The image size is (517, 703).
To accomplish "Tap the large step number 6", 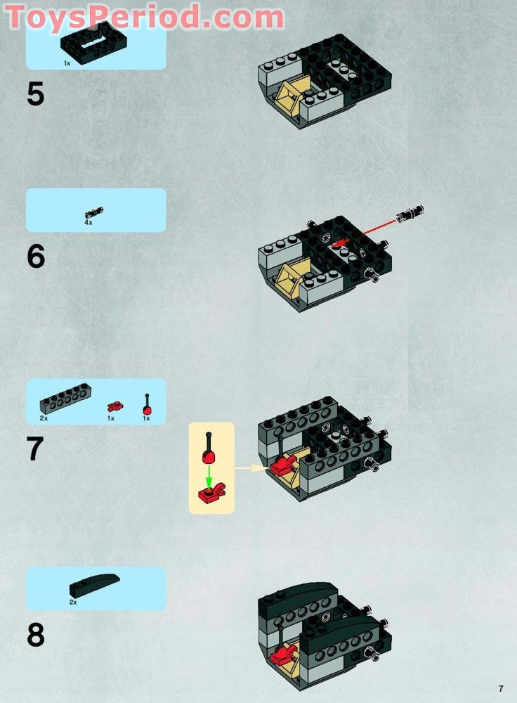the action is [36, 256].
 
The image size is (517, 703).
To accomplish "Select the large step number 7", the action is [35, 449].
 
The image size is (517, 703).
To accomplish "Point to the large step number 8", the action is [36, 635].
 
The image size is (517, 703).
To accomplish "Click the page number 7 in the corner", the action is [501, 689].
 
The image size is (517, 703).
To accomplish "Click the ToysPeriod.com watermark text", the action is [144, 17].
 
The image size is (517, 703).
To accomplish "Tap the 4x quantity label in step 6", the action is [89, 222].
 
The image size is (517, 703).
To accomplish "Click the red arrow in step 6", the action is [364, 232].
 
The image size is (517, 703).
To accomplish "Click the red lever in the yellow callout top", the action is [209, 449].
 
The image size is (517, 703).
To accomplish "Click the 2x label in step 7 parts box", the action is [44, 418].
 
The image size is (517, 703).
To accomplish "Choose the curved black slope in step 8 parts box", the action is [94, 585].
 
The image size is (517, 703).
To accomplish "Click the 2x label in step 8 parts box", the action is [72, 602].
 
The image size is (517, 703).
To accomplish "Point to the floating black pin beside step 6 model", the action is [410, 213].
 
